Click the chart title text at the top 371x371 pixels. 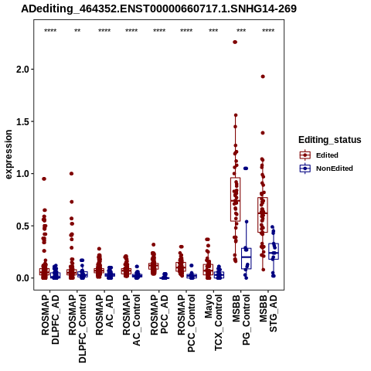pos(158,9)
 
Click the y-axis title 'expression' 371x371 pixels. pos(9,155)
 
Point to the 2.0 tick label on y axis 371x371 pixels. pos(23,70)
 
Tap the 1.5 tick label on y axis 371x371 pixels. pos(23,121)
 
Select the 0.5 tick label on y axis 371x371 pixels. pos(23,226)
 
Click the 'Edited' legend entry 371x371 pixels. pos(327,155)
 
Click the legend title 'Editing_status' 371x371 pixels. pos(330,140)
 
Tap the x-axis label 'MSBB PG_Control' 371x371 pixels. pos(241,320)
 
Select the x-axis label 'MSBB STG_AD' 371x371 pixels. pos(268,314)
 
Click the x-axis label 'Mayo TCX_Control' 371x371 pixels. pos(213,323)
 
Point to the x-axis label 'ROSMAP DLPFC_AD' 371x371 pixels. pos(50,320)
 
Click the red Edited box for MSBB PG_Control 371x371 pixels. pos(235,199)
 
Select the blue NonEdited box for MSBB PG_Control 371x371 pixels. pos(247,259)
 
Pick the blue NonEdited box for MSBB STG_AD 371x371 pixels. pos(274,251)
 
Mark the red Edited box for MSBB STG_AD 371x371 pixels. pos(263,215)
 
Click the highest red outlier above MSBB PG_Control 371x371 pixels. pos(235,42)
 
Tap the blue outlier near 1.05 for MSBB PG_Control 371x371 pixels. pos(246,168)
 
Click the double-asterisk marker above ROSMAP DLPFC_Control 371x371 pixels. pos(77,31)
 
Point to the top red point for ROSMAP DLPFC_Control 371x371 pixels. pos(71,174)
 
